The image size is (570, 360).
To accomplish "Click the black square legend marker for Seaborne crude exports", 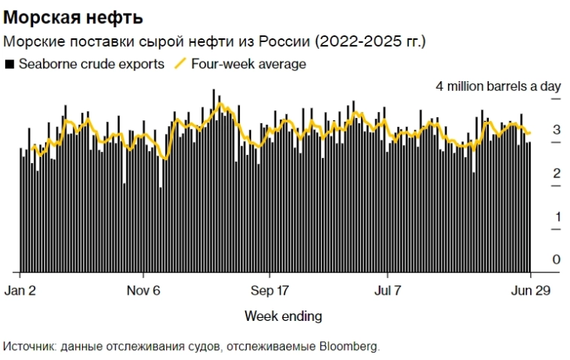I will tap(9, 65).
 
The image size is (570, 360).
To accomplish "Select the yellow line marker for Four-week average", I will tap(180, 64).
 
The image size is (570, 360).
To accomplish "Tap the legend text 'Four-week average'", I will tap(249, 64).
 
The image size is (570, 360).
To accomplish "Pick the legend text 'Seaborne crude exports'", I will tap(92, 64).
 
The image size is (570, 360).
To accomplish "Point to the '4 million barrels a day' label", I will tap(499, 86).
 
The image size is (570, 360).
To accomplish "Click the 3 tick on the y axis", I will tap(556, 130).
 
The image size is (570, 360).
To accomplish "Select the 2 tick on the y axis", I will tap(556, 174).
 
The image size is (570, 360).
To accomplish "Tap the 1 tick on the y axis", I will tap(556, 217).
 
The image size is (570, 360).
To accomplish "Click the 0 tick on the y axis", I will tap(556, 260).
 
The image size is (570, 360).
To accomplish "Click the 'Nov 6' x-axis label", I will tap(143, 291).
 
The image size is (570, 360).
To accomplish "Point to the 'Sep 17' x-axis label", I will tap(269, 291).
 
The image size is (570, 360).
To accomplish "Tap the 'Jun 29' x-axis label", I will tap(531, 291).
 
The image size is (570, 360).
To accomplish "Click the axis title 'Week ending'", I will tap(283, 316).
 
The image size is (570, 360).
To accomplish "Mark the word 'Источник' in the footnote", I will tap(26, 346).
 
